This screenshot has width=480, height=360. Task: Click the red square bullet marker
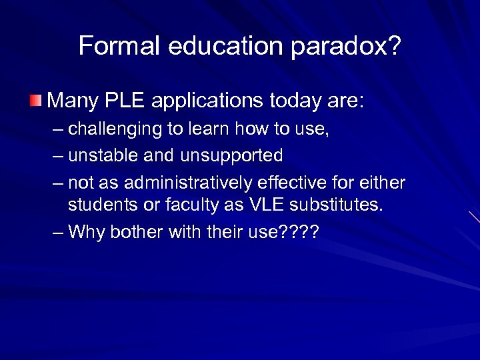(35, 101)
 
